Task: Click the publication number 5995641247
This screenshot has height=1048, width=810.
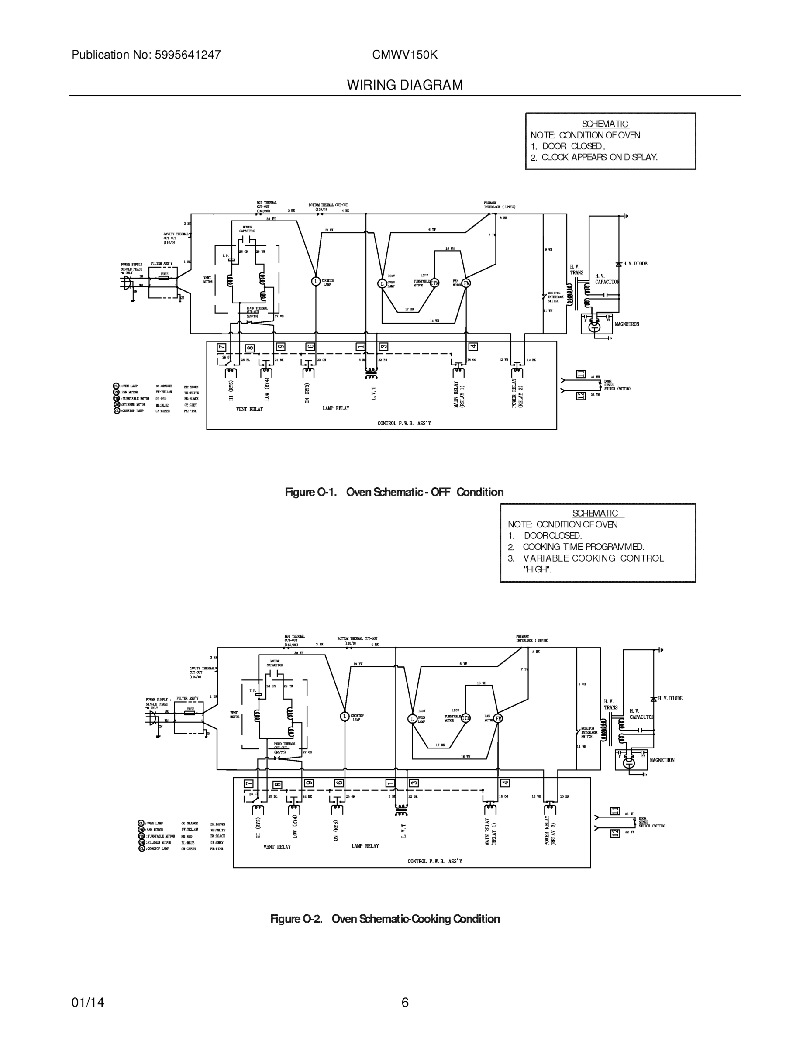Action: coord(188,55)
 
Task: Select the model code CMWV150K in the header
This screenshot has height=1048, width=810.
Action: coord(404,55)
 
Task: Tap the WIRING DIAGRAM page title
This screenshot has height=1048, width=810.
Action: coord(404,85)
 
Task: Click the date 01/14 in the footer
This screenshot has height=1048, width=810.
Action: coord(88,1003)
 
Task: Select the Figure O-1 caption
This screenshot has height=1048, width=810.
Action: coord(394,492)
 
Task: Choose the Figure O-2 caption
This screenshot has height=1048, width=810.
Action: coord(385,918)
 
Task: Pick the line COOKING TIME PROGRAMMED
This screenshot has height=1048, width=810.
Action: coord(583,547)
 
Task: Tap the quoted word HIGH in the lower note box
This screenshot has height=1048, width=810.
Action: coord(538,569)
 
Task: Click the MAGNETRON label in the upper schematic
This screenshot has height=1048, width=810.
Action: coord(627,324)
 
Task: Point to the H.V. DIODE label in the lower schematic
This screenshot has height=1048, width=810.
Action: coord(670,699)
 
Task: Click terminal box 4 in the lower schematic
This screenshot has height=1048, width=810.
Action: coord(505,783)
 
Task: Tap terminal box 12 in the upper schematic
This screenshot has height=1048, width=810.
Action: coord(581,396)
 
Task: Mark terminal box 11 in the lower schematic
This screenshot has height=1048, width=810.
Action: coord(615,811)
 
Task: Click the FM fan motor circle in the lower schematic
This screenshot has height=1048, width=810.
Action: coord(499,718)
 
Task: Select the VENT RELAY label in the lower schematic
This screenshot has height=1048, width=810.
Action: coord(277,847)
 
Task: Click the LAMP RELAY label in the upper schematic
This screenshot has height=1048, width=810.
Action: coord(336,408)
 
